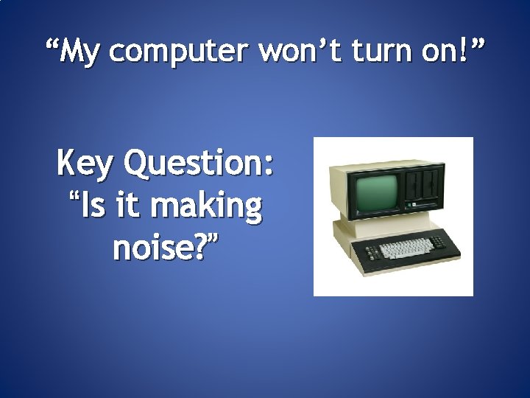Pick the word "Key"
pyautogui.click(x=85, y=164)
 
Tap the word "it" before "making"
pyautogui.click(x=130, y=207)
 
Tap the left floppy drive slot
pyautogui.click(x=417, y=181)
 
